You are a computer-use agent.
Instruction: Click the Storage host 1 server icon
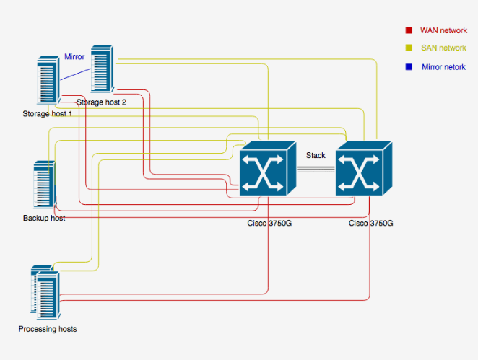click(x=48, y=81)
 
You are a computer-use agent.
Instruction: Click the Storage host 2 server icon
click(x=103, y=69)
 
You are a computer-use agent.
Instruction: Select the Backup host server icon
click(x=45, y=185)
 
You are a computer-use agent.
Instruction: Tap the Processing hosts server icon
click(x=45, y=292)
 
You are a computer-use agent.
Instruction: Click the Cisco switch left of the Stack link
click(x=268, y=169)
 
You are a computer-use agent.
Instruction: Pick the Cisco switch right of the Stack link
click(x=364, y=169)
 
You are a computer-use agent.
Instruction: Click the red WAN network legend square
click(x=409, y=30)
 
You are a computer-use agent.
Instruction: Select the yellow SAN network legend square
click(x=409, y=48)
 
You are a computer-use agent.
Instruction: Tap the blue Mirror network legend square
click(x=409, y=66)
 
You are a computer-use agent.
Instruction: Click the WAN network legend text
click(x=443, y=30)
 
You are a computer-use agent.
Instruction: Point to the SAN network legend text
click(x=443, y=48)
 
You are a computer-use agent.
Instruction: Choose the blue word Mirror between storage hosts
click(x=74, y=57)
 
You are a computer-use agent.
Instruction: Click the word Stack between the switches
click(x=316, y=155)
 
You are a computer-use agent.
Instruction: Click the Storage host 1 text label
click(x=48, y=114)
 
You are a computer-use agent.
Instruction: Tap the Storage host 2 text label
click(x=102, y=102)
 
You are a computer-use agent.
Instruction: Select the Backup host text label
click(x=44, y=218)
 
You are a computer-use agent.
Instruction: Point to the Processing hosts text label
click(x=48, y=329)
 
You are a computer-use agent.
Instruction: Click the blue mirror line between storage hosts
click(x=75, y=74)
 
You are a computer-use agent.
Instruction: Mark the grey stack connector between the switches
click(x=316, y=169)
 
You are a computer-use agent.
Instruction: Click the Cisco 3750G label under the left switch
click(x=269, y=224)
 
